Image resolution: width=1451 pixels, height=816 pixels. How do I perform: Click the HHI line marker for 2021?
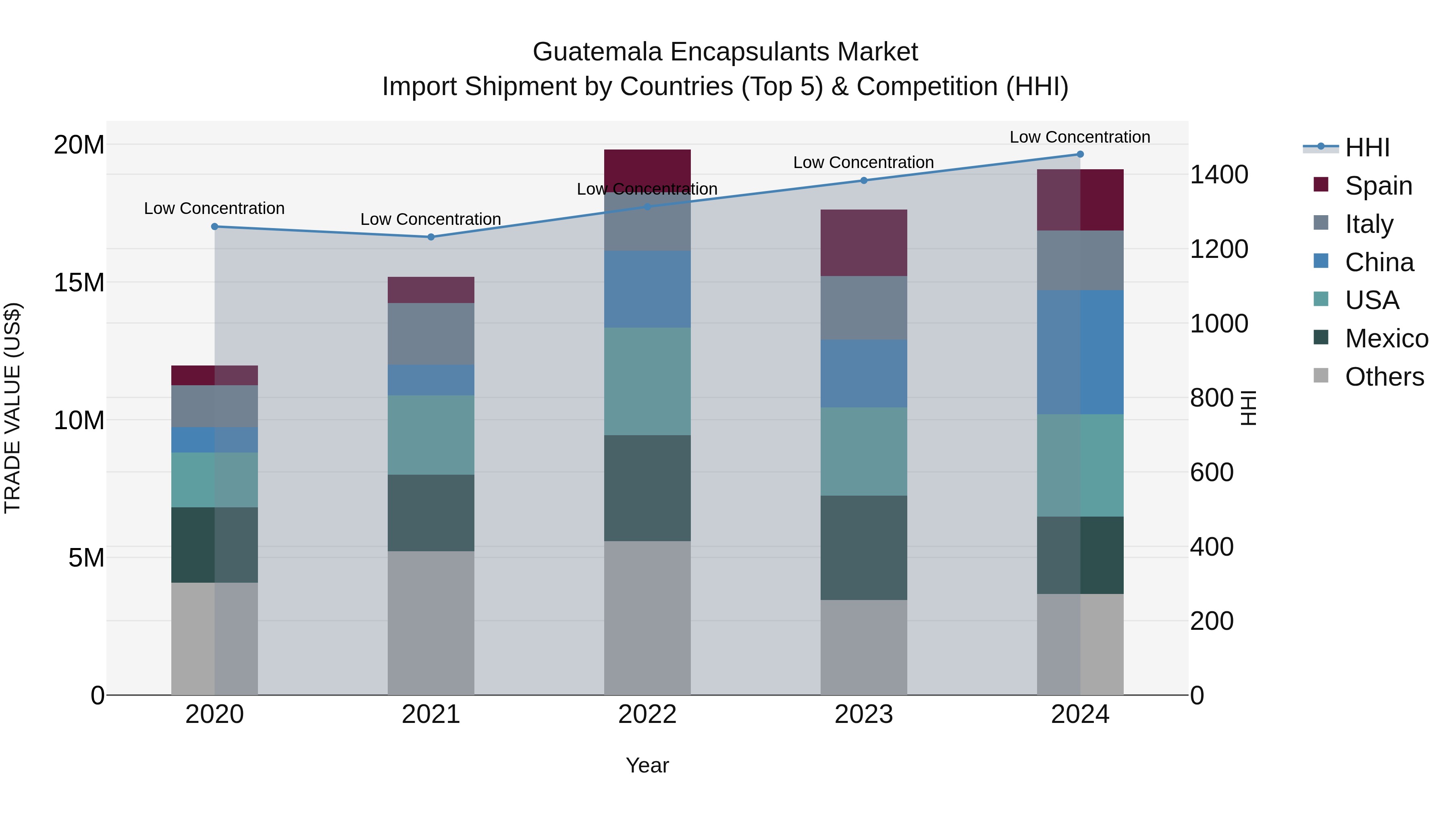tap(431, 237)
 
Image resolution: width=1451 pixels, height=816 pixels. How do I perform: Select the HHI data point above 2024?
tap(1080, 154)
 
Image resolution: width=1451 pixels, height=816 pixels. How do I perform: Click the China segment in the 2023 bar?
tap(863, 374)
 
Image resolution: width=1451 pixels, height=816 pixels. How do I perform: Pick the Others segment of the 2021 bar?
tap(431, 622)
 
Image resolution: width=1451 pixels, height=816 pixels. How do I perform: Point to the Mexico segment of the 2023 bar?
tap(863, 547)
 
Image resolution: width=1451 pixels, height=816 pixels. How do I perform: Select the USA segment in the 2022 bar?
tap(647, 381)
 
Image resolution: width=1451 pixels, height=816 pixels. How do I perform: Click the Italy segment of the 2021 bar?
tap(431, 334)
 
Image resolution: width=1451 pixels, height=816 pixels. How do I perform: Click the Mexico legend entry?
tap(1386, 338)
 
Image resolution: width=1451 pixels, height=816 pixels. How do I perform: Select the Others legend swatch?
tap(1320, 376)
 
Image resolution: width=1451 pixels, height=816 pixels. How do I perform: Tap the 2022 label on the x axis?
tap(647, 714)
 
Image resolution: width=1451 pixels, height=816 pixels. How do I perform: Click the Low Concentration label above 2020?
tap(214, 208)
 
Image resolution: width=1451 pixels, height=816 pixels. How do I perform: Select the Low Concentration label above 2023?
tap(863, 162)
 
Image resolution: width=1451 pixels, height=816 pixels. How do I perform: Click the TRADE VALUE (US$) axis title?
tap(12, 408)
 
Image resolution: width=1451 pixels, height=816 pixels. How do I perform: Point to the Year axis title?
tap(647, 765)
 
